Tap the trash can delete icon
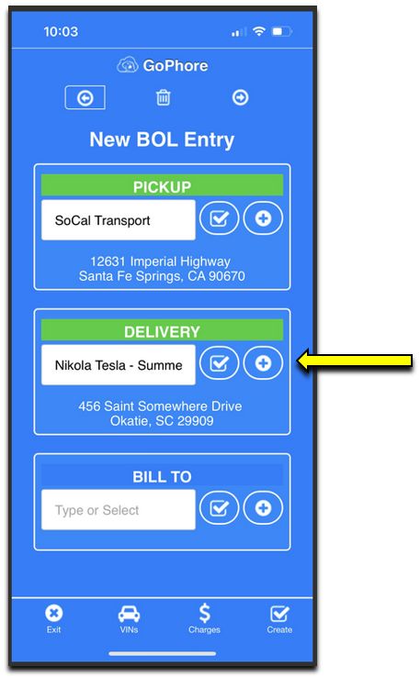[x=164, y=98]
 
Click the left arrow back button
[x=85, y=98]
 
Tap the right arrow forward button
[x=240, y=98]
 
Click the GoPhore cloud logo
[x=128, y=66]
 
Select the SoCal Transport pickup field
[x=119, y=220]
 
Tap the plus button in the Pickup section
[x=263, y=218]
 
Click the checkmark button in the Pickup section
[x=219, y=218]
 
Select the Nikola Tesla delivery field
[x=119, y=365]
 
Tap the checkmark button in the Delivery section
[x=219, y=363]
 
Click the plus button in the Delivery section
[x=263, y=363]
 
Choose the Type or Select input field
[x=119, y=510]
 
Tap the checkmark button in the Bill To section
[x=219, y=508]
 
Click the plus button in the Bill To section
[x=263, y=508]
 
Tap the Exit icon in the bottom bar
[x=53, y=613]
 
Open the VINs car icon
[x=129, y=614]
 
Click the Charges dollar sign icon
[x=204, y=613]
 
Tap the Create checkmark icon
[x=279, y=613]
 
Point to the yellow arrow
[x=355, y=361]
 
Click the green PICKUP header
[x=162, y=185]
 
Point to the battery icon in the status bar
[x=281, y=31]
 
